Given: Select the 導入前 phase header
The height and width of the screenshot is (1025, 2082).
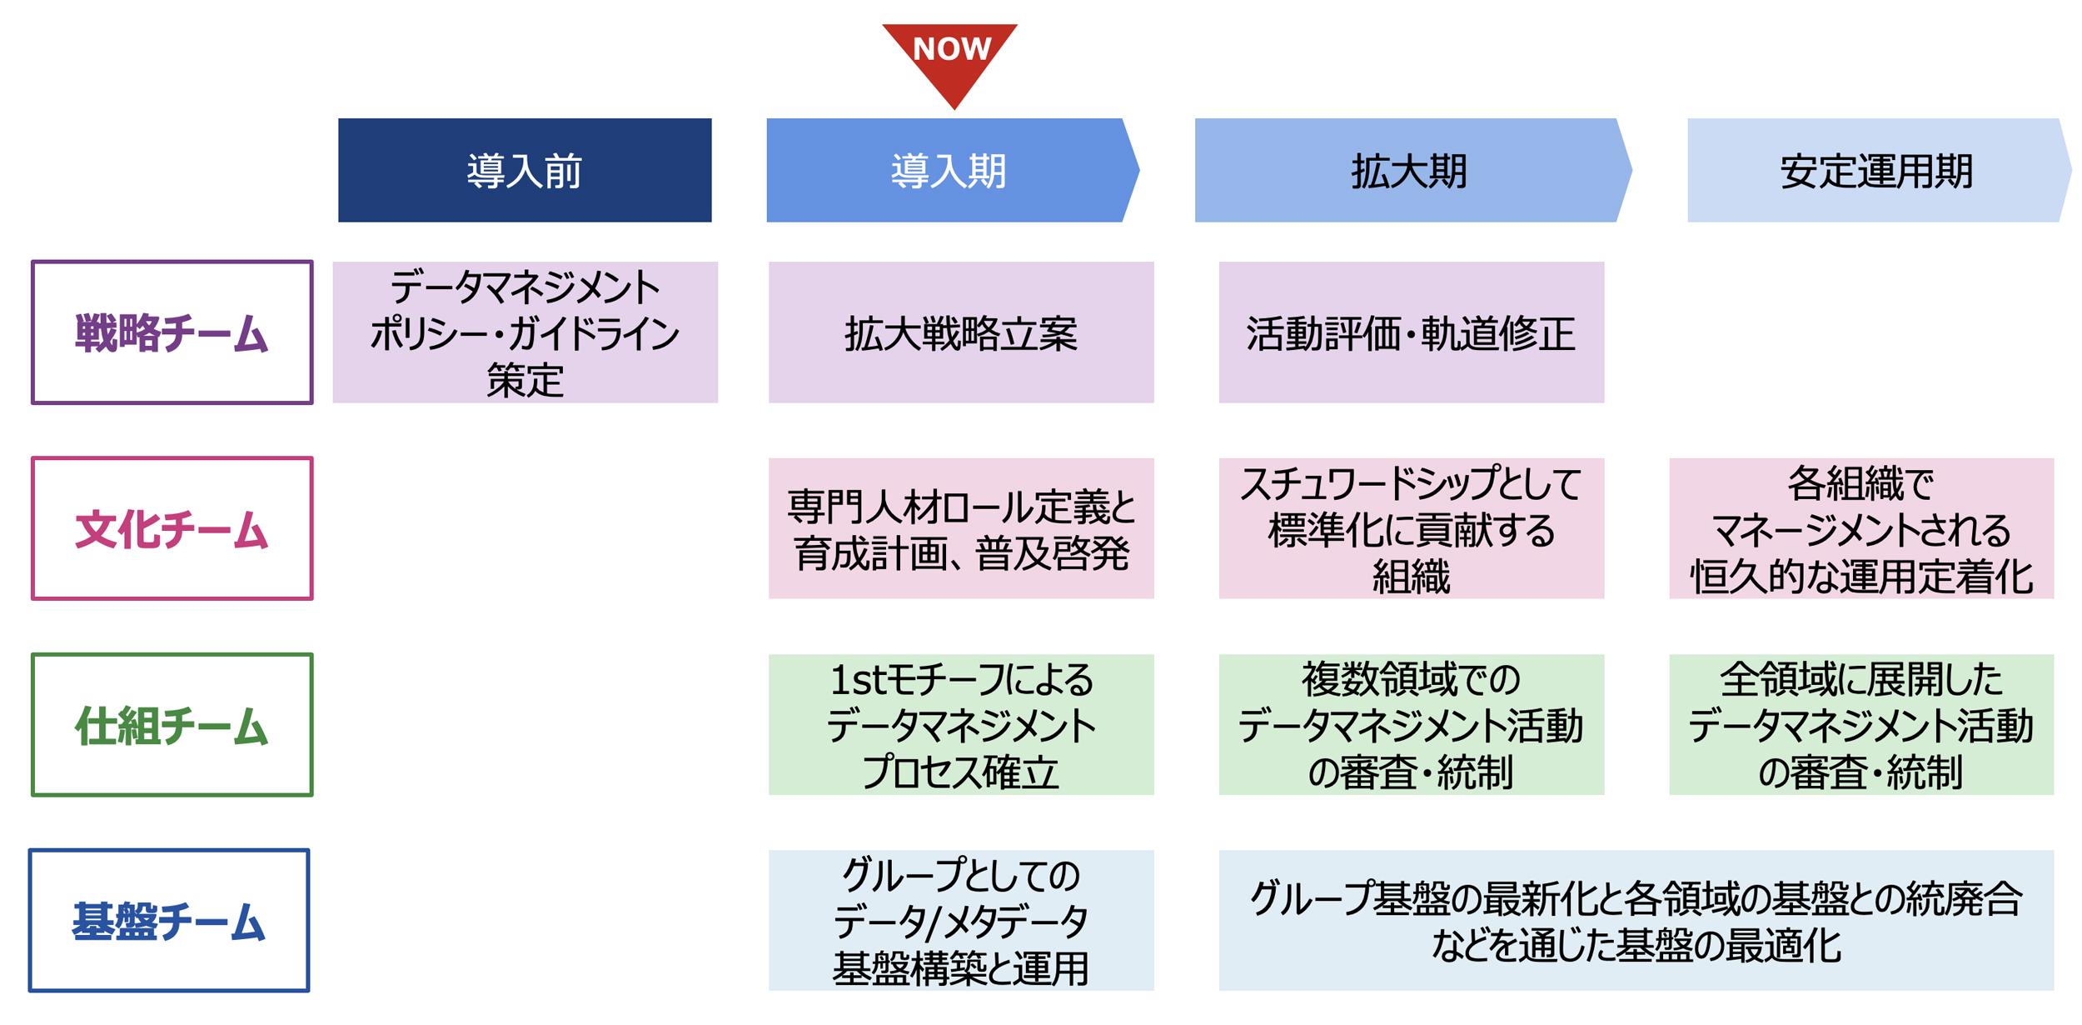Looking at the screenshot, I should tap(525, 170).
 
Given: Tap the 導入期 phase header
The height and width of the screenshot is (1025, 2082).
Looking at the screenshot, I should tap(949, 170).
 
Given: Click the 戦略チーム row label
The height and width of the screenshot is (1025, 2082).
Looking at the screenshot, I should tap(172, 332).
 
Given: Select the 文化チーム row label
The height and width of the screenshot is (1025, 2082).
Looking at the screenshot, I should tap(172, 528).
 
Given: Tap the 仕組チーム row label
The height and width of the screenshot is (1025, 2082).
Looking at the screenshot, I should tap(172, 725).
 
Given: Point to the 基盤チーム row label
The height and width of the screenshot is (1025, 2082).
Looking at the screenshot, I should tap(169, 921).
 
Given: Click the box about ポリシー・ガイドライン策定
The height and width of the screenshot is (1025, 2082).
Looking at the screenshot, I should tap(525, 332).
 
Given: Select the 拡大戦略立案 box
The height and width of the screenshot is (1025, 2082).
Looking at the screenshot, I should tap(961, 332).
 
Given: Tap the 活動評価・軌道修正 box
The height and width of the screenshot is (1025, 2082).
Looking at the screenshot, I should tap(1411, 332).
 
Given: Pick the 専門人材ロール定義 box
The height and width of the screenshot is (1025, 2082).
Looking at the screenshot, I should tap(961, 528).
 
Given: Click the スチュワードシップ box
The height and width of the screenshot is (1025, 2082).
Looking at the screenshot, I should tap(1411, 528).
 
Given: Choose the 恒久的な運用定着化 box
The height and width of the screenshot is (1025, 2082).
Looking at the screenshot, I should tap(1861, 528).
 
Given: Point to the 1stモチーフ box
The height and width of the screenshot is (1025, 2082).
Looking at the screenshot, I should tap(961, 725).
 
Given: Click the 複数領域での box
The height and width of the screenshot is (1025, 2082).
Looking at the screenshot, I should tap(1411, 725).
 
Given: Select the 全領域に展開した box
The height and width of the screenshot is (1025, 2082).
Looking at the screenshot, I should tap(1861, 725).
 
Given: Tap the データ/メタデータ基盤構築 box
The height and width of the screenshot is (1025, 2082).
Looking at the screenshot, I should tap(961, 921).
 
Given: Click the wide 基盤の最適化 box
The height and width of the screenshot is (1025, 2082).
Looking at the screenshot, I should tap(1636, 921).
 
